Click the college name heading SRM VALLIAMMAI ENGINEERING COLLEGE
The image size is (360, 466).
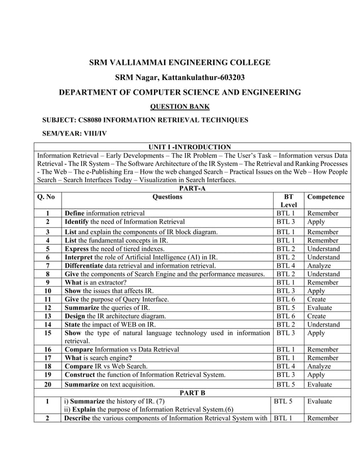point(180,63)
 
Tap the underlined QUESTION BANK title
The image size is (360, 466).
point(180,106)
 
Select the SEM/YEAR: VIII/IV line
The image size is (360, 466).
point(74,134)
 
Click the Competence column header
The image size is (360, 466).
point(326,197)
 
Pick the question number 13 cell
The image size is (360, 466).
point(47,316)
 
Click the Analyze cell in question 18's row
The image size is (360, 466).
point(319,366)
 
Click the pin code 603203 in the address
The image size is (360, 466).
point(229,77)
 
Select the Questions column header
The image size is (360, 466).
point(167,197)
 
